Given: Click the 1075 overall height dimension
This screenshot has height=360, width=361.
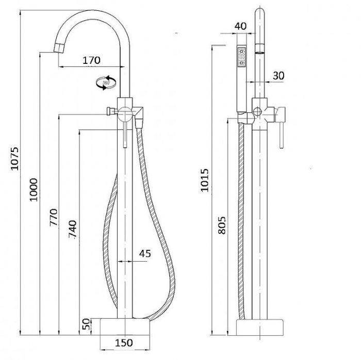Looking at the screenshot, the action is [x=15, y=159].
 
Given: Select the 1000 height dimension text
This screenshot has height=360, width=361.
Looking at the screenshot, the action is [x=34, y=190].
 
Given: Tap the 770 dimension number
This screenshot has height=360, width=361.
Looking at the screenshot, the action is [x=54, y=217].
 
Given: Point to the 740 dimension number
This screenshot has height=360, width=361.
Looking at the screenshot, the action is [x=73, y=229].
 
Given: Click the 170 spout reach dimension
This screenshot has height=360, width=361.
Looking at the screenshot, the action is [x=91, y=60].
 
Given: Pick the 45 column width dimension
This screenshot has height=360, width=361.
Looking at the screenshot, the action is [x=145, y=253].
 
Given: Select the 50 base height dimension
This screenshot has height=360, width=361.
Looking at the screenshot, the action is [x=86, y=324].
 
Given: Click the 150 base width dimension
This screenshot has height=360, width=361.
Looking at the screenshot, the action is [x=124, y=343].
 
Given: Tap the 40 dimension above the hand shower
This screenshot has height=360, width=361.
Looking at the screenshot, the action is [x=240, y=26].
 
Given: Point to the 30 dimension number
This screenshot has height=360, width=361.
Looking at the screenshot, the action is [x=278, y=75].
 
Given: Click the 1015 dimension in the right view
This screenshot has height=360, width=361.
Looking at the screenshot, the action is [x=204, y=180].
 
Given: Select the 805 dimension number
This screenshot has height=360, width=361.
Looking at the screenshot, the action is [x=222, y=225].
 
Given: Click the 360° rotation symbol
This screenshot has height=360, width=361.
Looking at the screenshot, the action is [x=106, y=82].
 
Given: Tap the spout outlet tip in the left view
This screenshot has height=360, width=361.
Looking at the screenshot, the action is [x=58, y=48].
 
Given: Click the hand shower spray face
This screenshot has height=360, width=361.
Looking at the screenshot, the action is [x=242, y=57].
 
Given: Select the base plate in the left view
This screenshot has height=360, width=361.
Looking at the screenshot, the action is [x=125, y=327].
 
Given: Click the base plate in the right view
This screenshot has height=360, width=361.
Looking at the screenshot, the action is [x=260, y=328].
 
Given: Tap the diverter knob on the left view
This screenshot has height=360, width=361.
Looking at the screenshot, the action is [x=110, y=111].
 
